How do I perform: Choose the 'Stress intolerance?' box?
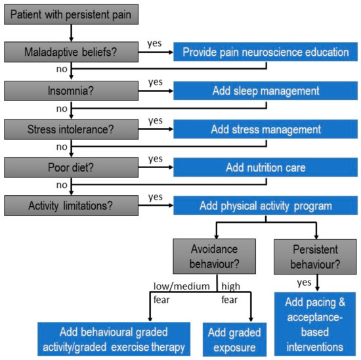70,129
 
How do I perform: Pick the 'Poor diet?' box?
70,168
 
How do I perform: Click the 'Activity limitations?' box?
70,206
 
